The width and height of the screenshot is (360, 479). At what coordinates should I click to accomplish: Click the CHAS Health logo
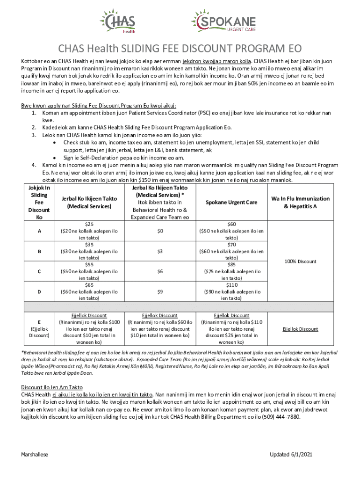117,22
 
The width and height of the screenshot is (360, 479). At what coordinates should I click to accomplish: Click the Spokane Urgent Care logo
223,22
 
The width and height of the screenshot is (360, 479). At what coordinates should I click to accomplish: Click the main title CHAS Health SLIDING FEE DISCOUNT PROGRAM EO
180,49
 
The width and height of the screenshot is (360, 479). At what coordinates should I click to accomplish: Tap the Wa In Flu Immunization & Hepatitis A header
300,203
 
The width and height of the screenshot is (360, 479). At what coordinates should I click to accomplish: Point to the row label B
39,252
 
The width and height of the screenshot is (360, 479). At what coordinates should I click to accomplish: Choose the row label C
39,271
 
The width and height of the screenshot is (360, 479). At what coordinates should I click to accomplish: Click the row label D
39,291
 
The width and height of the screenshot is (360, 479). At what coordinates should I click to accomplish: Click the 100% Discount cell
300,261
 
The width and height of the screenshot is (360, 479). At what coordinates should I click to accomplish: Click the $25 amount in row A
89,225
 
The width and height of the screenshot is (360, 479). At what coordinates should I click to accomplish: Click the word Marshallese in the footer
35,455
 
